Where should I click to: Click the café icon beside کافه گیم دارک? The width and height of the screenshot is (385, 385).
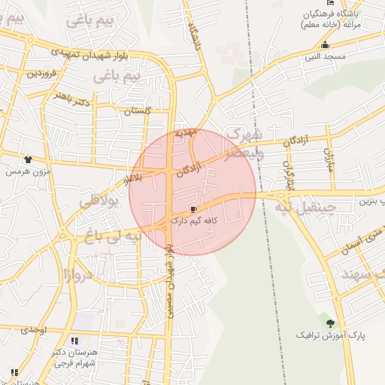click(x=194, y=209)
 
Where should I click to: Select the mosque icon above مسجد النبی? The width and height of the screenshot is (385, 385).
click(x=325, y=44)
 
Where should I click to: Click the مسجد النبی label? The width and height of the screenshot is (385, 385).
click(x=326, y=56)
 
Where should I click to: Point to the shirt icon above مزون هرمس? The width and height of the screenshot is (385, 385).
click(x=28, y=159)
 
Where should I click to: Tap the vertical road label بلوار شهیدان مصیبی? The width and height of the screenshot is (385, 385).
click(x=171, y=279)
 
